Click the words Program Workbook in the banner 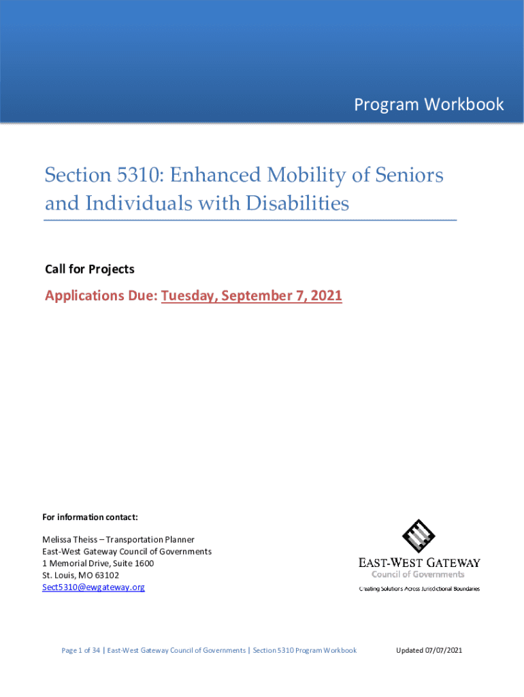[x=429, y=104]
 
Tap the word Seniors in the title [x=410, y=176]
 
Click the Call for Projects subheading [x=89, y=270]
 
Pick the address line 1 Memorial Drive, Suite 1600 [x=98, y=564]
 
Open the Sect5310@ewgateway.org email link [x=93, y=587]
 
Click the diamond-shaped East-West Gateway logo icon [x=419, y=536]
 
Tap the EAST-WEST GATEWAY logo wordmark [x=419, y=563]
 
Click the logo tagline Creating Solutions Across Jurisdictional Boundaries [x=419, y=588]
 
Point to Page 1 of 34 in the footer [x=81, y=651]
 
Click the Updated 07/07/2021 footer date [x=429, y=651]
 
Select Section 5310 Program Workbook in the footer [x=304, y=651]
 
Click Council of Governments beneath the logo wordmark [x=418, y=574]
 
